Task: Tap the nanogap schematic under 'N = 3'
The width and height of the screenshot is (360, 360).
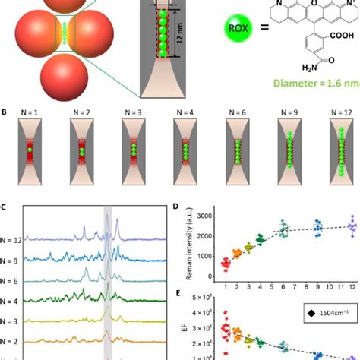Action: click(134, 148)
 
